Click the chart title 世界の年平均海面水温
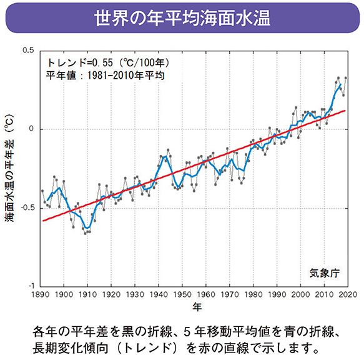point(182,17)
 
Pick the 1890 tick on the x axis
point(41,295)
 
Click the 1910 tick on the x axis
point(87,295)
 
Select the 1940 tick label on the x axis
point(158,295)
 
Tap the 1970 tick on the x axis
point(229,295)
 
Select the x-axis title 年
point(197,307)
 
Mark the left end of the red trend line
point(42,221)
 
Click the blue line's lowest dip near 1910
point(86,228)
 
